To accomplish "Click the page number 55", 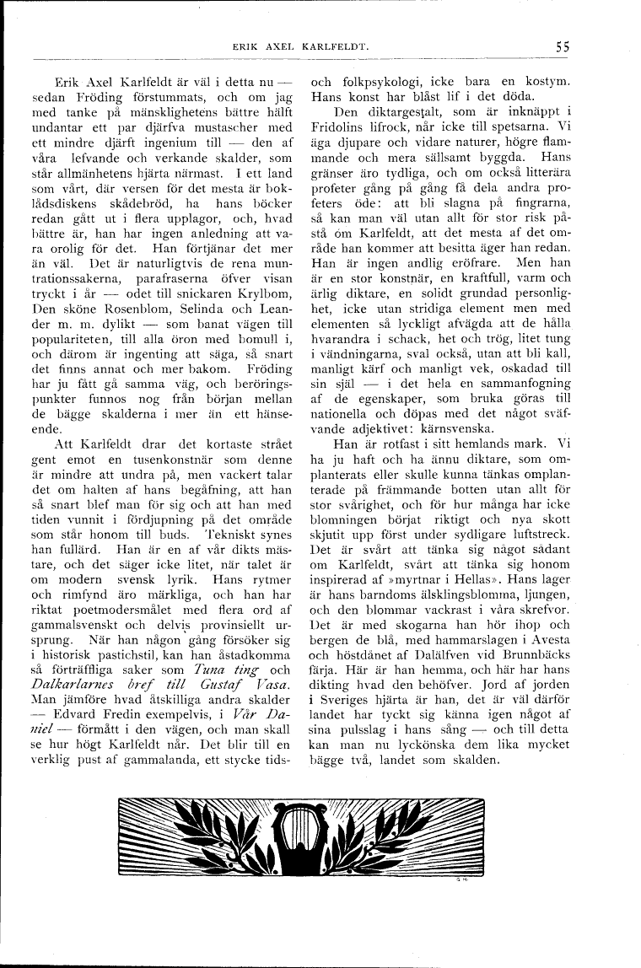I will (563, 47).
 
